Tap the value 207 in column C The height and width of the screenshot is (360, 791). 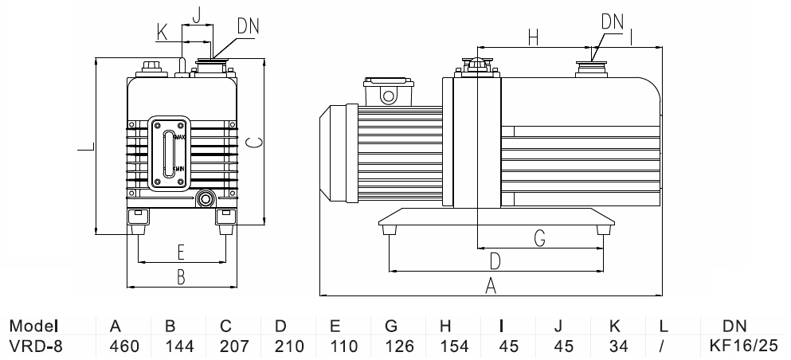(x=225, y=346)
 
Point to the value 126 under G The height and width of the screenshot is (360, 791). (x=391, y=346)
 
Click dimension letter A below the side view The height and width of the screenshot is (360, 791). (x=491, y=284)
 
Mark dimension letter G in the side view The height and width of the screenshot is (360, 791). (x=538, y=237)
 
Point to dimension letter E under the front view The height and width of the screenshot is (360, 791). (x=181, y=252)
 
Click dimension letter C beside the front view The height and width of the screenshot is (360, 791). (x=252, y=143)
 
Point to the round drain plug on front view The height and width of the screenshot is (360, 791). (x=207, y=198)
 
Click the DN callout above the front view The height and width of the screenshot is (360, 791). (x=248, y=25)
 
